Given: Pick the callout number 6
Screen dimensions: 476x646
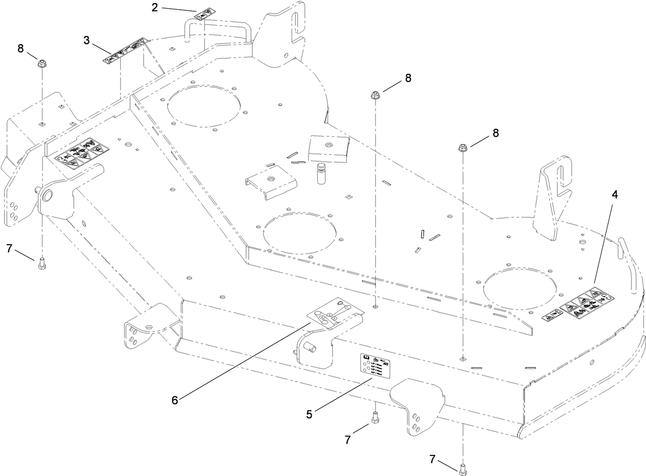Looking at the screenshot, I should tap(175, 400).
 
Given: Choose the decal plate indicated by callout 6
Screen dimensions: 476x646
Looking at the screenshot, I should tap(331, 313).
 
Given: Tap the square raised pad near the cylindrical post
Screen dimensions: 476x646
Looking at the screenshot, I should tap(329, 148).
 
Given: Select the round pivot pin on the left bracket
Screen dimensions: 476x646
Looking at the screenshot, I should tap(47, 195).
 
